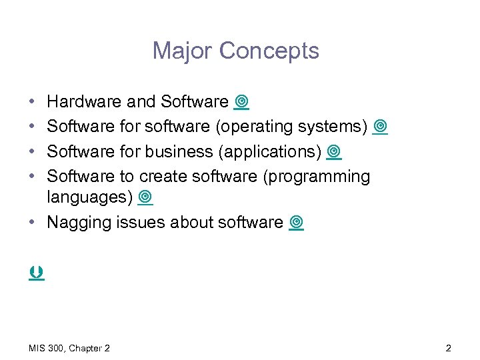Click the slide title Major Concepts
pos(235,51)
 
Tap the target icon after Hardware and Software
pos(241,102)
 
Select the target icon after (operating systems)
pos(380,127)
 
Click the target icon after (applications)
pos(334,152)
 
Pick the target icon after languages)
pos(145,197)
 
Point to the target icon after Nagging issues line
pos(297,223)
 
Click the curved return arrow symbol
pos(36,273)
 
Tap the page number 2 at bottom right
pos(448,348)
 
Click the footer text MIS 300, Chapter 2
pos(70,348)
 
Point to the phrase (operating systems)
pos(293,127)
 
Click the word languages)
pos(90,197)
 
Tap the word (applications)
pos(270,152)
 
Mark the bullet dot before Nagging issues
pos(33,223)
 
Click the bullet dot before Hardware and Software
pos(33,102)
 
